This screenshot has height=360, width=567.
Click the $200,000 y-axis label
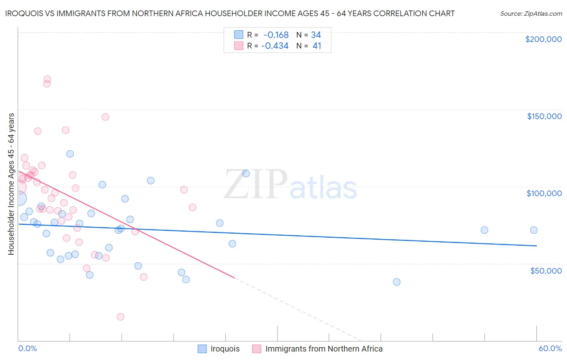(543, 39)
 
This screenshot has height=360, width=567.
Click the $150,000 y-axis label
(544, 116)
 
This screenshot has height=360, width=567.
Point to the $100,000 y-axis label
(544, 193)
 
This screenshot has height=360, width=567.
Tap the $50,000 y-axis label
(546, 270)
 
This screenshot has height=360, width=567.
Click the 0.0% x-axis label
(27, 348)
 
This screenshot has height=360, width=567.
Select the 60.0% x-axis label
(550, 348)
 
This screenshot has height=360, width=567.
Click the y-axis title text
(11, 184)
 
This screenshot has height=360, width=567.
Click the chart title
(229, 13)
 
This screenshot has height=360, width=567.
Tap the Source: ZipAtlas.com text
(531, 13)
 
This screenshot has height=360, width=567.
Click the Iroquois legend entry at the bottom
(225, 349)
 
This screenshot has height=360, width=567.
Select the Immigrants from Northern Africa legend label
(323, 349)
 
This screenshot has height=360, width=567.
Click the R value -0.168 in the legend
(276, 35)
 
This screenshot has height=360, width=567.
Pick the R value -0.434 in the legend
(275, 46)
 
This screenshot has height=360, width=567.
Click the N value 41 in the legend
(317, 46)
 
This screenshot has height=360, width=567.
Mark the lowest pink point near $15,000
(120, 317)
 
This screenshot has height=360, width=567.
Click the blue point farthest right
(534, 230)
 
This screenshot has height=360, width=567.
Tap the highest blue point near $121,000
(70, 154)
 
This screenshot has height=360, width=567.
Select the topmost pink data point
(47, 80)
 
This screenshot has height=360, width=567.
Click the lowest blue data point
(396, 282)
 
